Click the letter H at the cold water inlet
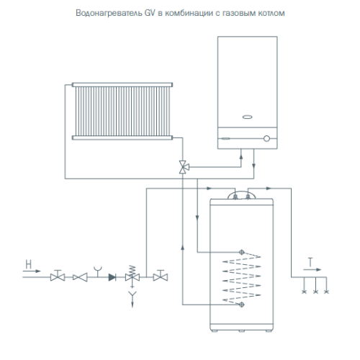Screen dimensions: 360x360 [29, 264]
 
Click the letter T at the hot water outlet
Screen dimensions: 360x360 [310, 262]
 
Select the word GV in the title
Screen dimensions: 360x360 [150, 13]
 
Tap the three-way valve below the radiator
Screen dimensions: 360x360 [184, 166]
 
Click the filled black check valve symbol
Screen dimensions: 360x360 [112, 277]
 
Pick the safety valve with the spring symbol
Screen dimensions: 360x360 [132, 276]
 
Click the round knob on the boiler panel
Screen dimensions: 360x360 [266, 138]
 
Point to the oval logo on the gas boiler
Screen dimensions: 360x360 [247, 117]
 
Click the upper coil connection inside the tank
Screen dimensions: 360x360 [242, 252]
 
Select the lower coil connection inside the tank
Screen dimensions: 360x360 [242, 305]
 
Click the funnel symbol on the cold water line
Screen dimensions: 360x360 [98, 271]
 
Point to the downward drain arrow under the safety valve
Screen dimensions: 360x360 [132, 300]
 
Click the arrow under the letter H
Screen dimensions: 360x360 [32, 271]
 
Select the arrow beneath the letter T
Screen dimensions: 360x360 [312, 269]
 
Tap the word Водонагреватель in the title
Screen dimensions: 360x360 [109, 13]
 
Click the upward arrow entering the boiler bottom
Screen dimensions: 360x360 [241, 157]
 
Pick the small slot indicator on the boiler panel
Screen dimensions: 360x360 [225, 138]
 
